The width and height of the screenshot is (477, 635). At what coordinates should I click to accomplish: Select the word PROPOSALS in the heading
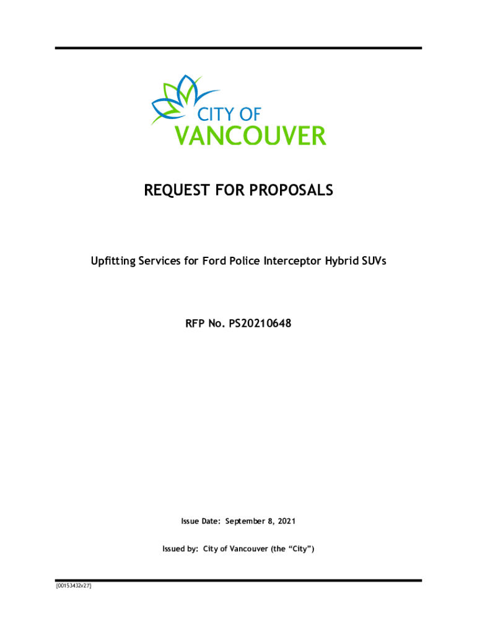click(x=294, y=190)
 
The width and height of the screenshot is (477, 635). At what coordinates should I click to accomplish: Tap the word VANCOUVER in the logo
click(x=249, y=136)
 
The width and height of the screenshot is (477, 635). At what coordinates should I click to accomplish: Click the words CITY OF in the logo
click(x=229, y=114)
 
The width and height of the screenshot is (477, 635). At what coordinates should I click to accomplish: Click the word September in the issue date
click(x=247, y=522)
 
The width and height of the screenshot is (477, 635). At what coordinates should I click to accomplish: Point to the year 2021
click(x=286, y=522)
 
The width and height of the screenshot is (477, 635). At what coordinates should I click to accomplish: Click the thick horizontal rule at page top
click(x=239, y=48)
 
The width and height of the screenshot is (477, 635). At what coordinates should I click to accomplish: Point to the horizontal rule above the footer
click(x=239, y=580)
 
